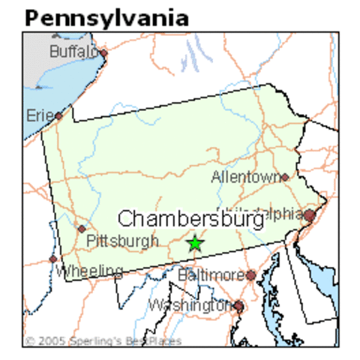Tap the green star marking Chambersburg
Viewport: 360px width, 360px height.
(195, 243)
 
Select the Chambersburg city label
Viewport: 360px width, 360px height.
(191, 219)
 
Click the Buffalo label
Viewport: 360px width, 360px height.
(73, 52)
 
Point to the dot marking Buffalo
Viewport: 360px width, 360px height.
(103, 53)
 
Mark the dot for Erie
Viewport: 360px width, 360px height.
(58, 116)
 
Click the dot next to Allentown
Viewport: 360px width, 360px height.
(284, 178)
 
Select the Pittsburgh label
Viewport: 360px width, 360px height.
(122, 241)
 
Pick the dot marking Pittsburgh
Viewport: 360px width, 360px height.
(82, 229)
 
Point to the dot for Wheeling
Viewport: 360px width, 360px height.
(52, 259)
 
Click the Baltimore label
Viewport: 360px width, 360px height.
(211, 275)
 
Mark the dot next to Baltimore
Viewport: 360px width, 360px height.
(250, 275)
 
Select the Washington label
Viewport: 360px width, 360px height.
(190, 305)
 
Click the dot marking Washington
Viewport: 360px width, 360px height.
(238, 305)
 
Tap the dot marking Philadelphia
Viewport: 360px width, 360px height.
(309, 216)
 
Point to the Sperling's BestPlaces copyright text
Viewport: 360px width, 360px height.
(103, 341)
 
